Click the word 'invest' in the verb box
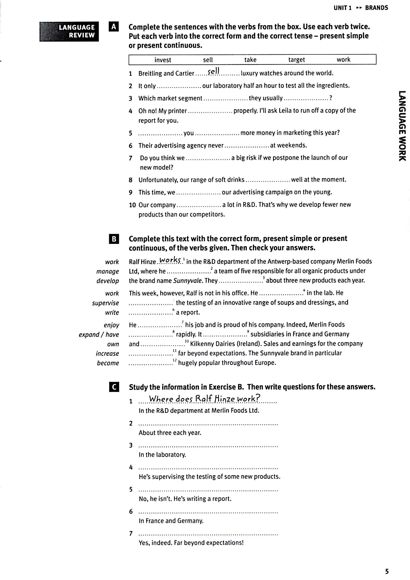[163, 60]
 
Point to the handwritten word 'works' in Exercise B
[170, 260]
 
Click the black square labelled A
[114, 26]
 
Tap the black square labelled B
[114, 239]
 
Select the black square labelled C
[114, 387]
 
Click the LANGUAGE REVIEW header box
[69, 31]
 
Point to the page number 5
[387, 571]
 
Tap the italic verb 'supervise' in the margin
[105, 303]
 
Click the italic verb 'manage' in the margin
[107, 271]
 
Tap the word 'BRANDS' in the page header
[376, 8]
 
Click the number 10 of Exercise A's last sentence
[132, 205]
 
